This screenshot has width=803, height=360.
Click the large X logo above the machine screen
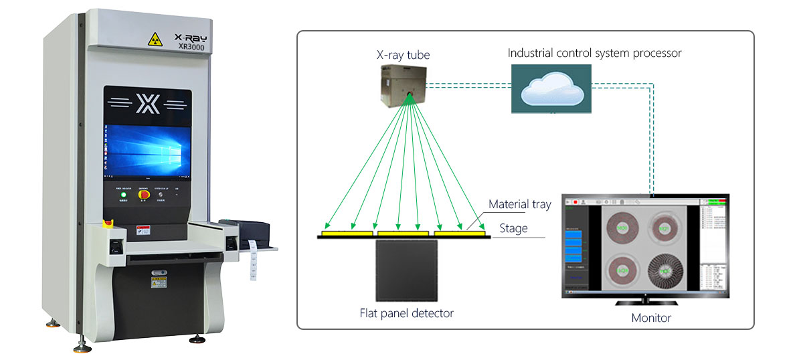pyautogui.click(x=147, y=104)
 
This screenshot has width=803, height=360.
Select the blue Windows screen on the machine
pyautogui.click(x=147, y=151)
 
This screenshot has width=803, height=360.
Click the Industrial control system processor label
pyautogui.click(x=594, y=53)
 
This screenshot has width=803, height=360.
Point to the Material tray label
pyautogui.click(x=519, y=205)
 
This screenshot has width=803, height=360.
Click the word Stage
pyautogui.click(x=513, y=229)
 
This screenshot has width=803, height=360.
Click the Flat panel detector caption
pyautogui.click(x=406, y=312)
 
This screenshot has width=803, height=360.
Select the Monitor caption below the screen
pyautogui.click(x=650, y=318)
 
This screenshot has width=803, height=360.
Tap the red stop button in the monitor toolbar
pyautogui.click(x=574, y=201)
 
